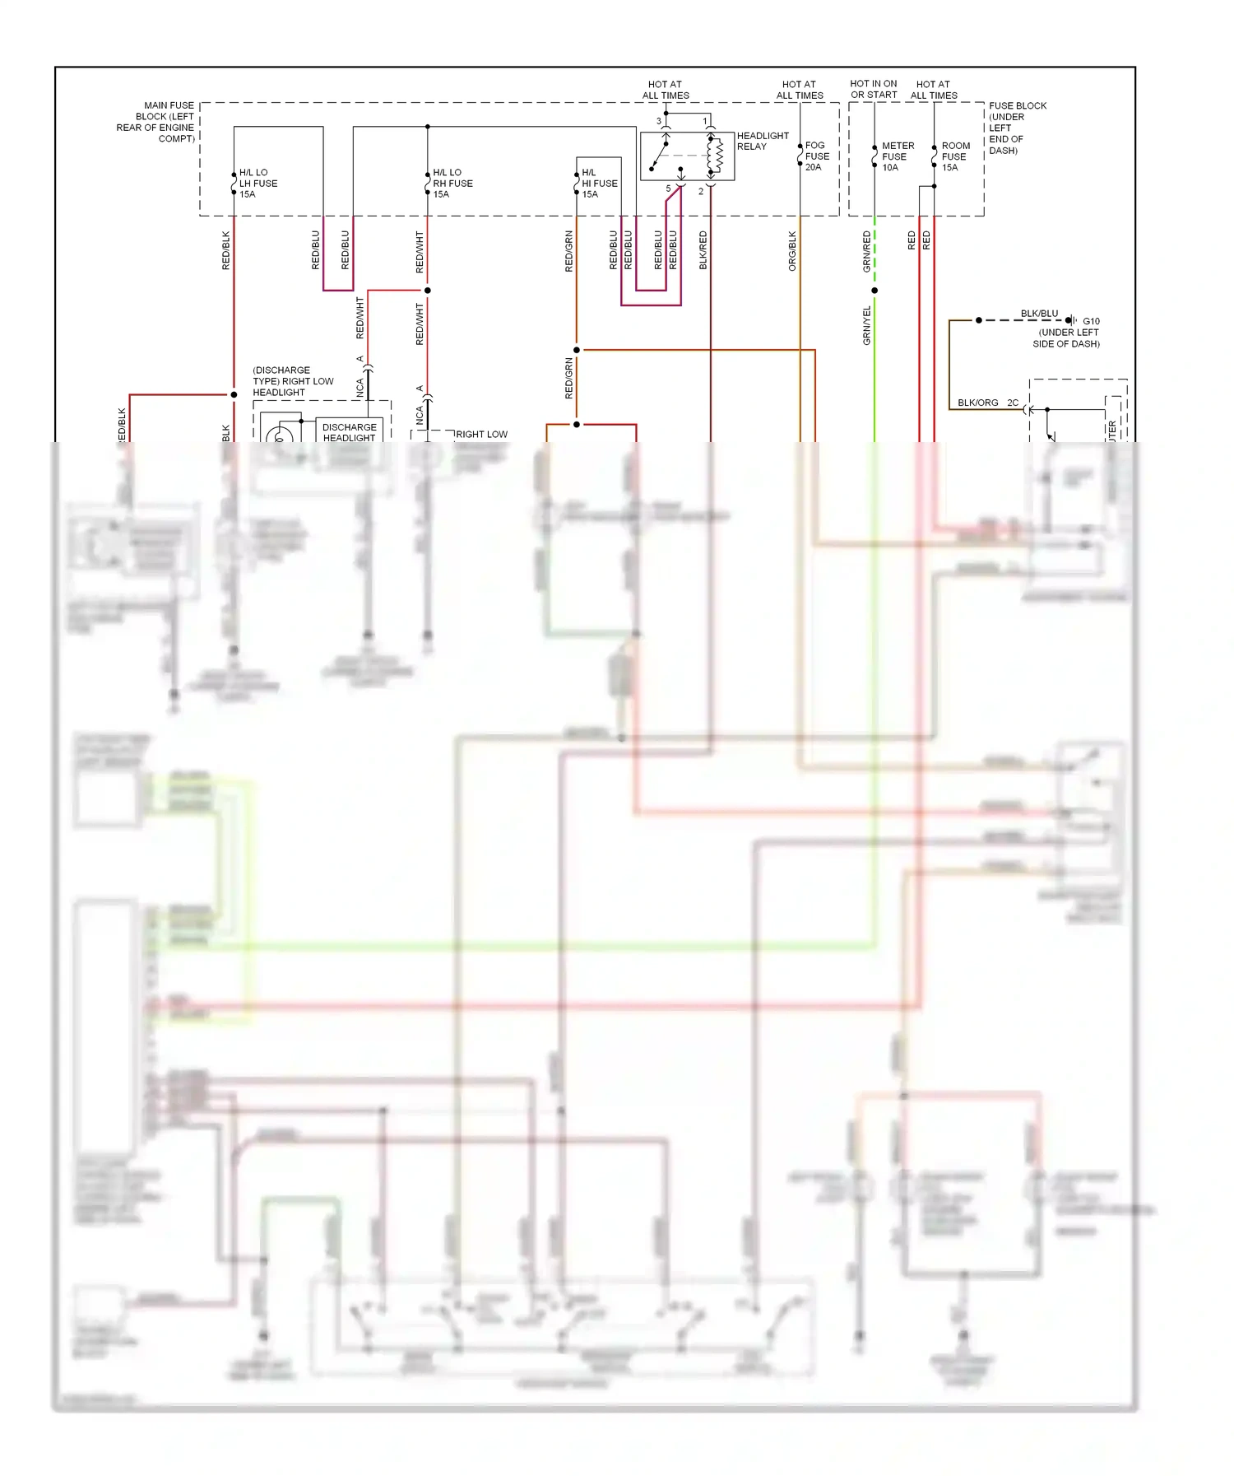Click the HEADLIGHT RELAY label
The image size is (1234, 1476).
click(x=763, y=141)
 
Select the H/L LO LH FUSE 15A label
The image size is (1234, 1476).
click(x=257, y=184)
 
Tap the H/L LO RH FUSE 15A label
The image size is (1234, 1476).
click(x=452, y=184)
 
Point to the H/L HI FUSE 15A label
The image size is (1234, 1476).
click(x=599, y=184)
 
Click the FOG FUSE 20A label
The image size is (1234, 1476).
click(x=817, y=156)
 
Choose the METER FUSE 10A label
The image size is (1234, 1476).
click(x=897, y=156)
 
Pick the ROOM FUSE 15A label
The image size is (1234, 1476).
click(x=955, y=156)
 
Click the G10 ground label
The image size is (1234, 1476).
click(x=1091, y=321)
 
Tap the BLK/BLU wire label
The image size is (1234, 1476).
click(x=1039, y=314)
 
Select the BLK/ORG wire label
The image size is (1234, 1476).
click(x=977, y=403)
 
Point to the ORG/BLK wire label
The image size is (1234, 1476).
click(x=792, y=251)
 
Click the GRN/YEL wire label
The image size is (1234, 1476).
click(x=866, y=325)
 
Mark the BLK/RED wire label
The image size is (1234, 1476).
click(x=703, y=250)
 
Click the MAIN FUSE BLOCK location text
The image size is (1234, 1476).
click(x=156, y=122)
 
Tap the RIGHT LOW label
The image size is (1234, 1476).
click(x=481, y=434)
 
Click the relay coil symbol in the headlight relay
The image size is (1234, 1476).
click(x=715, y=156)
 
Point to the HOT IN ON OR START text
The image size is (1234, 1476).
click(x=873, y=89)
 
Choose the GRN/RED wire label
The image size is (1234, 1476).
click(x=866, y=251)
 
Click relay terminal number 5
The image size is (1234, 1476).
click(x=668, y=189)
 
